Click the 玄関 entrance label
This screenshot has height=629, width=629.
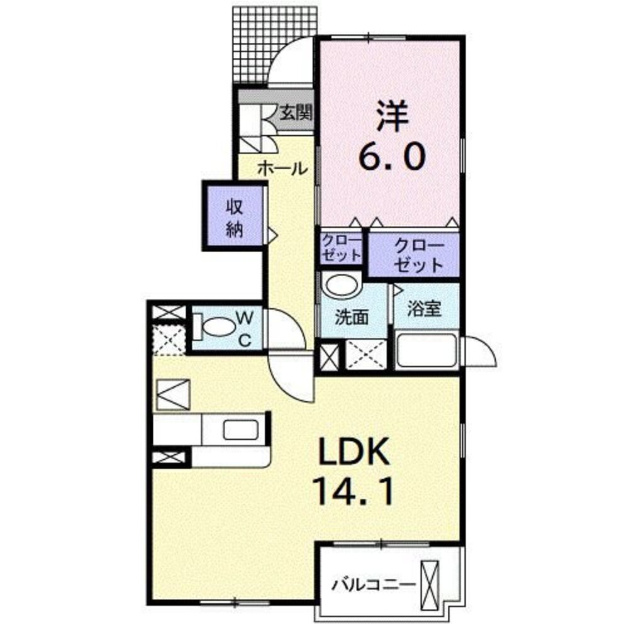(x=296, y=113)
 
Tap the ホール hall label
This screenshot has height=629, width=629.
(x=282, y=169)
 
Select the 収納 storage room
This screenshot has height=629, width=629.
(x=235, y=216)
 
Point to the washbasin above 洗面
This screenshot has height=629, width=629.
(x=341, y=284)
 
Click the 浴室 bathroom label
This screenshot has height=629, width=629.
(x=424, y=308)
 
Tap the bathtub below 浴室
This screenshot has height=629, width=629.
(x=427, y=349)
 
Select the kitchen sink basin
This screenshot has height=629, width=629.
(x=241, y=430)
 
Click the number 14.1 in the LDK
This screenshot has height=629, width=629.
(x=355, y=493)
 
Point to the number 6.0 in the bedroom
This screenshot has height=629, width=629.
(x=391, y=155)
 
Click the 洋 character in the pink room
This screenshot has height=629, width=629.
(x=391, y=116)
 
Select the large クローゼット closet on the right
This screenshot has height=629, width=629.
(x=414, y=255)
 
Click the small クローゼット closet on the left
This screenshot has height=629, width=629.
(x=342, y=248)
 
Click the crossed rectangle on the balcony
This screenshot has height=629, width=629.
(x=430, y=585)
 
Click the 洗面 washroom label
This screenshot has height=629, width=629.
(x=352, y=318)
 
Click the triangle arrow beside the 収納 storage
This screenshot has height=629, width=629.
(x=272, y=235)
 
